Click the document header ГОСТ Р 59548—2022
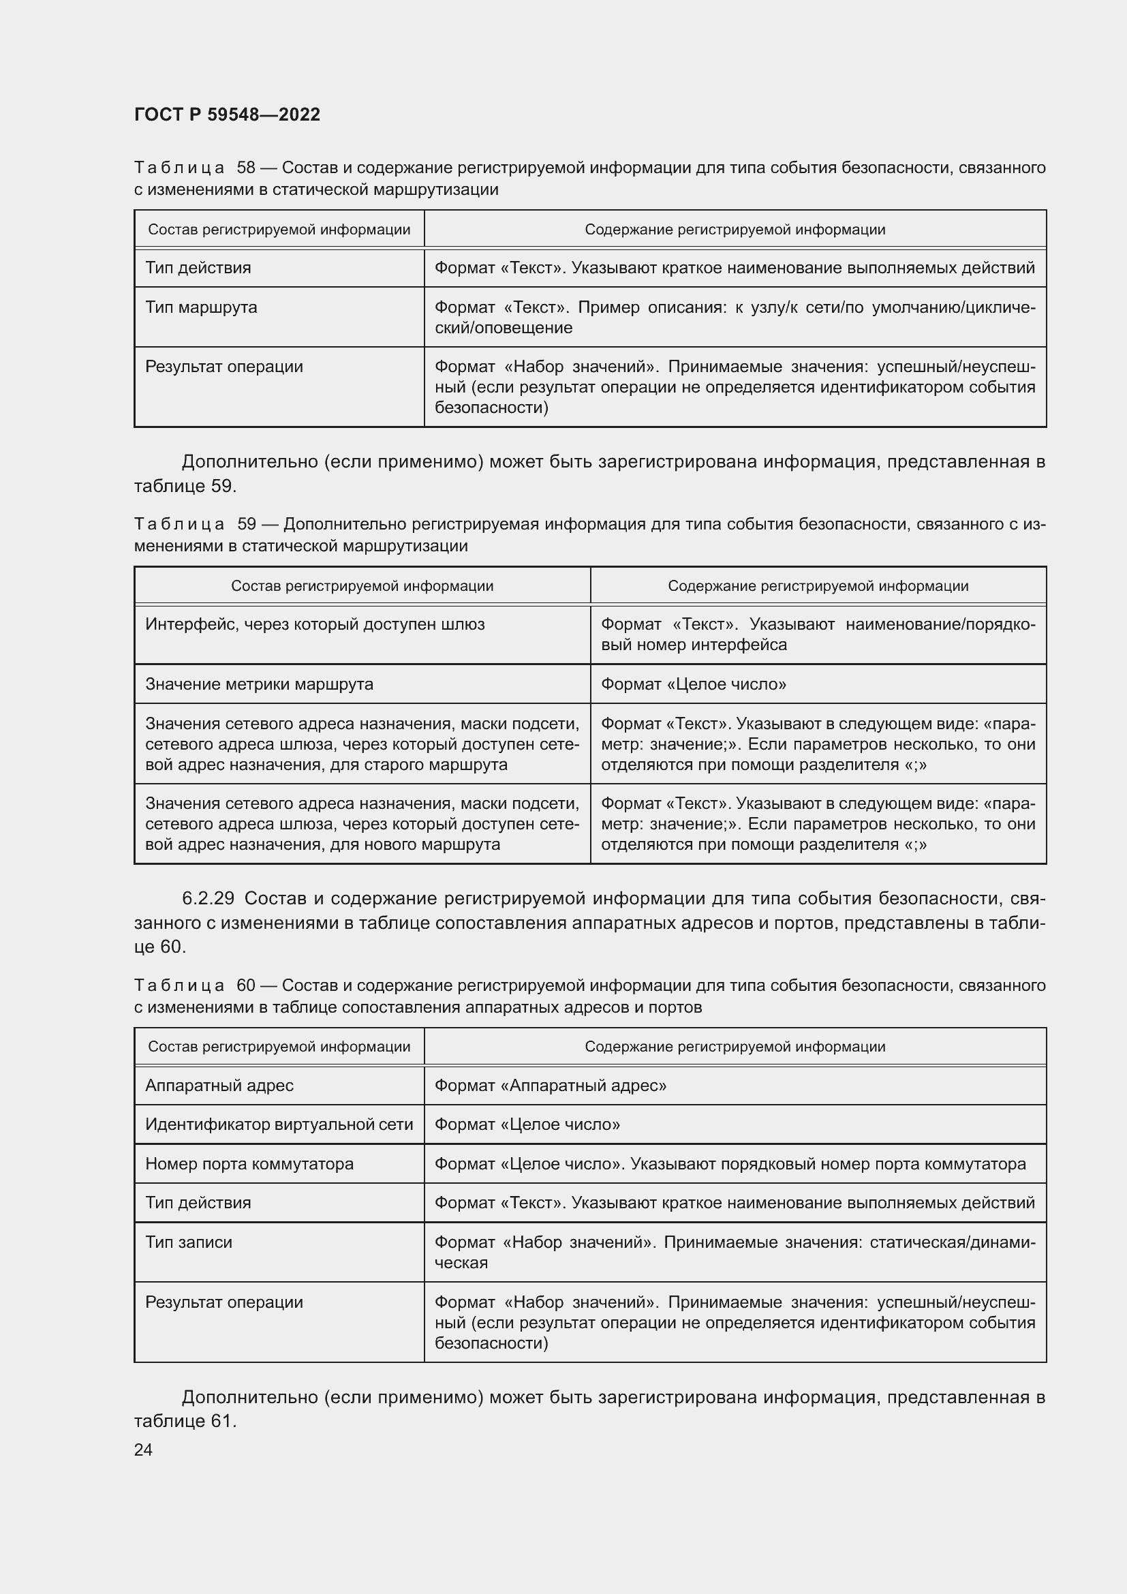tap(227, 115)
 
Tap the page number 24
tap(143, 1450)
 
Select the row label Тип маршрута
tap(201, 307)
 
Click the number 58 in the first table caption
tap(247, 168)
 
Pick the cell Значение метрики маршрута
tap(259, 684)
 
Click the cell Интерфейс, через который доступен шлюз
tap(315, 624)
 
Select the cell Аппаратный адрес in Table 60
tap(219, 1085)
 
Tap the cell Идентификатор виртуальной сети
tap(279, 1124)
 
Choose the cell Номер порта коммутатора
tap(249, 1163)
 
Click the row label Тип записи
tap(189, 1242)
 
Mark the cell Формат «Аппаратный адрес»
tap(551, 1085)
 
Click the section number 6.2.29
tap(208, 898)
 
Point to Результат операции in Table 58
tap(224, 367)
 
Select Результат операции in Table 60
tap(224, 1302)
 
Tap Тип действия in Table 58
tap(198, 268)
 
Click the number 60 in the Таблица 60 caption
tap(247, 985)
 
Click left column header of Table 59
tap(362, 586)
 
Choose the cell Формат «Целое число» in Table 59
tap(693, 684)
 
